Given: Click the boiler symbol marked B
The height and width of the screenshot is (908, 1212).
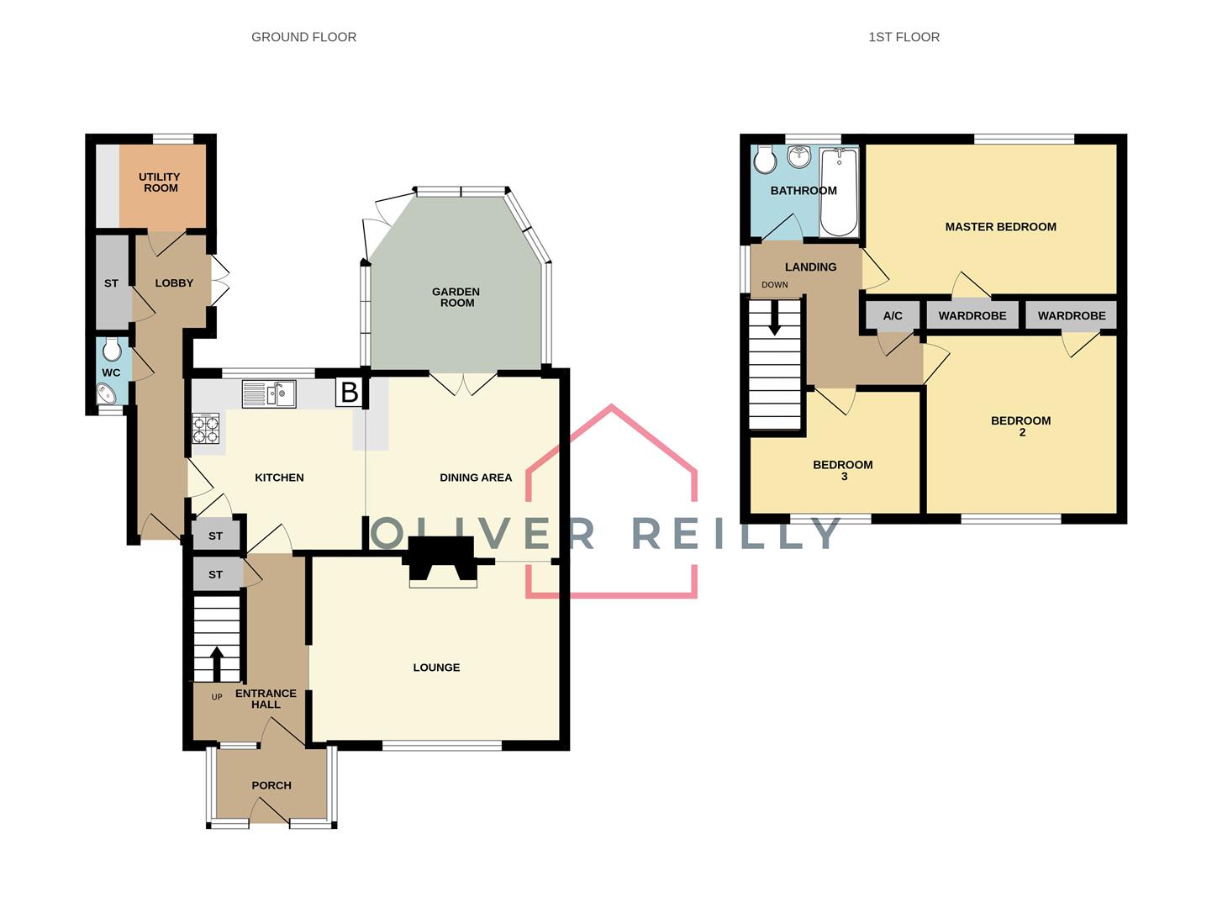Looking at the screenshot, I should pyautogui.click(x=349, y=393).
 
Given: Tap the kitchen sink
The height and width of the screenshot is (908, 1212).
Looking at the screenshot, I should pyautogui.click(x=269, y=393).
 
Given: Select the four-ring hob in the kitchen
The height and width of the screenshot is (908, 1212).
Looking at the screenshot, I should pyautogui.click(x=206, y=429).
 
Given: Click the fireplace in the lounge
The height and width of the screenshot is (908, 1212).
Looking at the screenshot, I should pyautogui.click(x=442, y=565).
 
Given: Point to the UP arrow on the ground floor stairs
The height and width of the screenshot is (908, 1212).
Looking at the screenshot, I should pyautogui.click(x=217, y=663).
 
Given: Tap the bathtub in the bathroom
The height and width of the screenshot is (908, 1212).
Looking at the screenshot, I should pyautogui.click(x=838, y=192).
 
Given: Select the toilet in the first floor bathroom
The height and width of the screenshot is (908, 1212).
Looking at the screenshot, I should pyautogui.click(x=764, y=157).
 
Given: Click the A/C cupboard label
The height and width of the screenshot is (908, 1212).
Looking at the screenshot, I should pyautogui.click(x=893, y=316).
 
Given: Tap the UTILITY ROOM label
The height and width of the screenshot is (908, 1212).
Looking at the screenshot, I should pyautogui.click(x=160, y=182).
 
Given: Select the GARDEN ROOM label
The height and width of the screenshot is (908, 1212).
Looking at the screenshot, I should pyautogui.click(x=456, y=298).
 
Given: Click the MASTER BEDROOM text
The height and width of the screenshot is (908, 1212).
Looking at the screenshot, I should pyautogui.click(x=1000, y=227).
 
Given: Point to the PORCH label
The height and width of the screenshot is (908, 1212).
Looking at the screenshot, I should pyautogui.click(x=271, y=785).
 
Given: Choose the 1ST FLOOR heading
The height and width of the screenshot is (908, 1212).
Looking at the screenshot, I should pyautogui.click(x=904, y=37).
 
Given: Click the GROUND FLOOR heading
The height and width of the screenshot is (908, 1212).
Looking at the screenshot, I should pyautogui.click(x=303, y=37).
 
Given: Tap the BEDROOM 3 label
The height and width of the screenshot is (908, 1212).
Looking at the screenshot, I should pyautogui.click(x=843, y=470).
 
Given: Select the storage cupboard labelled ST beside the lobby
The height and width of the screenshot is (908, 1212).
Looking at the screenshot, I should pyautogui.click(x=112, y=283).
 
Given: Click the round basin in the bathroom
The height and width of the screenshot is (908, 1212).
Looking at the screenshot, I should pyautogui.click(x=798, y=156).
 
